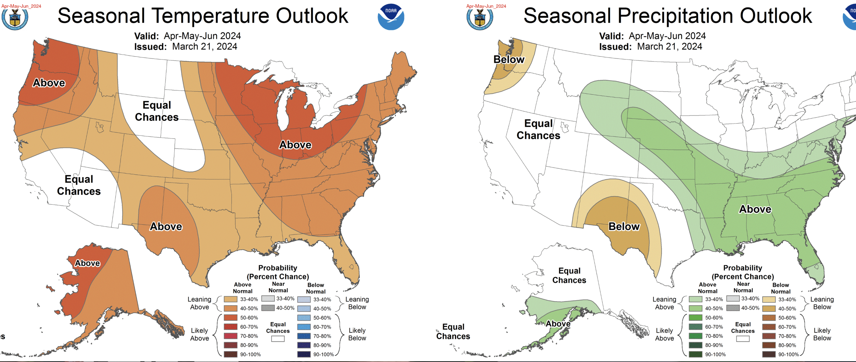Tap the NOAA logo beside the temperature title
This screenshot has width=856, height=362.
(x=391, y=17)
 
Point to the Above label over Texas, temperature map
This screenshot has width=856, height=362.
(x=166, y=226)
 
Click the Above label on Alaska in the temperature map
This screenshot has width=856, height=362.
(x=87, y=263)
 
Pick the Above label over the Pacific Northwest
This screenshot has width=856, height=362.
(x=49, y=83)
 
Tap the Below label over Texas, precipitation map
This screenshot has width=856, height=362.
(x=624, y=226)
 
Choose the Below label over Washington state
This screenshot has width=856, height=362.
(x=509, y=60)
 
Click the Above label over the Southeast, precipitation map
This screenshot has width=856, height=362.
(x=755, y=209)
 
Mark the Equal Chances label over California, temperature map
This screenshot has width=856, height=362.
(x=79, y=185)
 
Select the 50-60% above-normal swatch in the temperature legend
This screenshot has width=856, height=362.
(x=231, y=318)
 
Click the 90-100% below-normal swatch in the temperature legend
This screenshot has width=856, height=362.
(x=304, y=354)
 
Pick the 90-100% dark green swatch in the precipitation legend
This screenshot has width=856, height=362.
(x=695, y=354)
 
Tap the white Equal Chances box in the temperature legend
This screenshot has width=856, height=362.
(x=278, y=339)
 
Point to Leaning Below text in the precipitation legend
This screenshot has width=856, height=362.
(x=822, y=303)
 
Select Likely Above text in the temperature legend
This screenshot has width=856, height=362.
(x=199, y=334)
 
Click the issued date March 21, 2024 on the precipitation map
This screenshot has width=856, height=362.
(x=669, y=46)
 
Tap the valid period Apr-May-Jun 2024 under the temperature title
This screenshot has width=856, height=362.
(x=202, y=36)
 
